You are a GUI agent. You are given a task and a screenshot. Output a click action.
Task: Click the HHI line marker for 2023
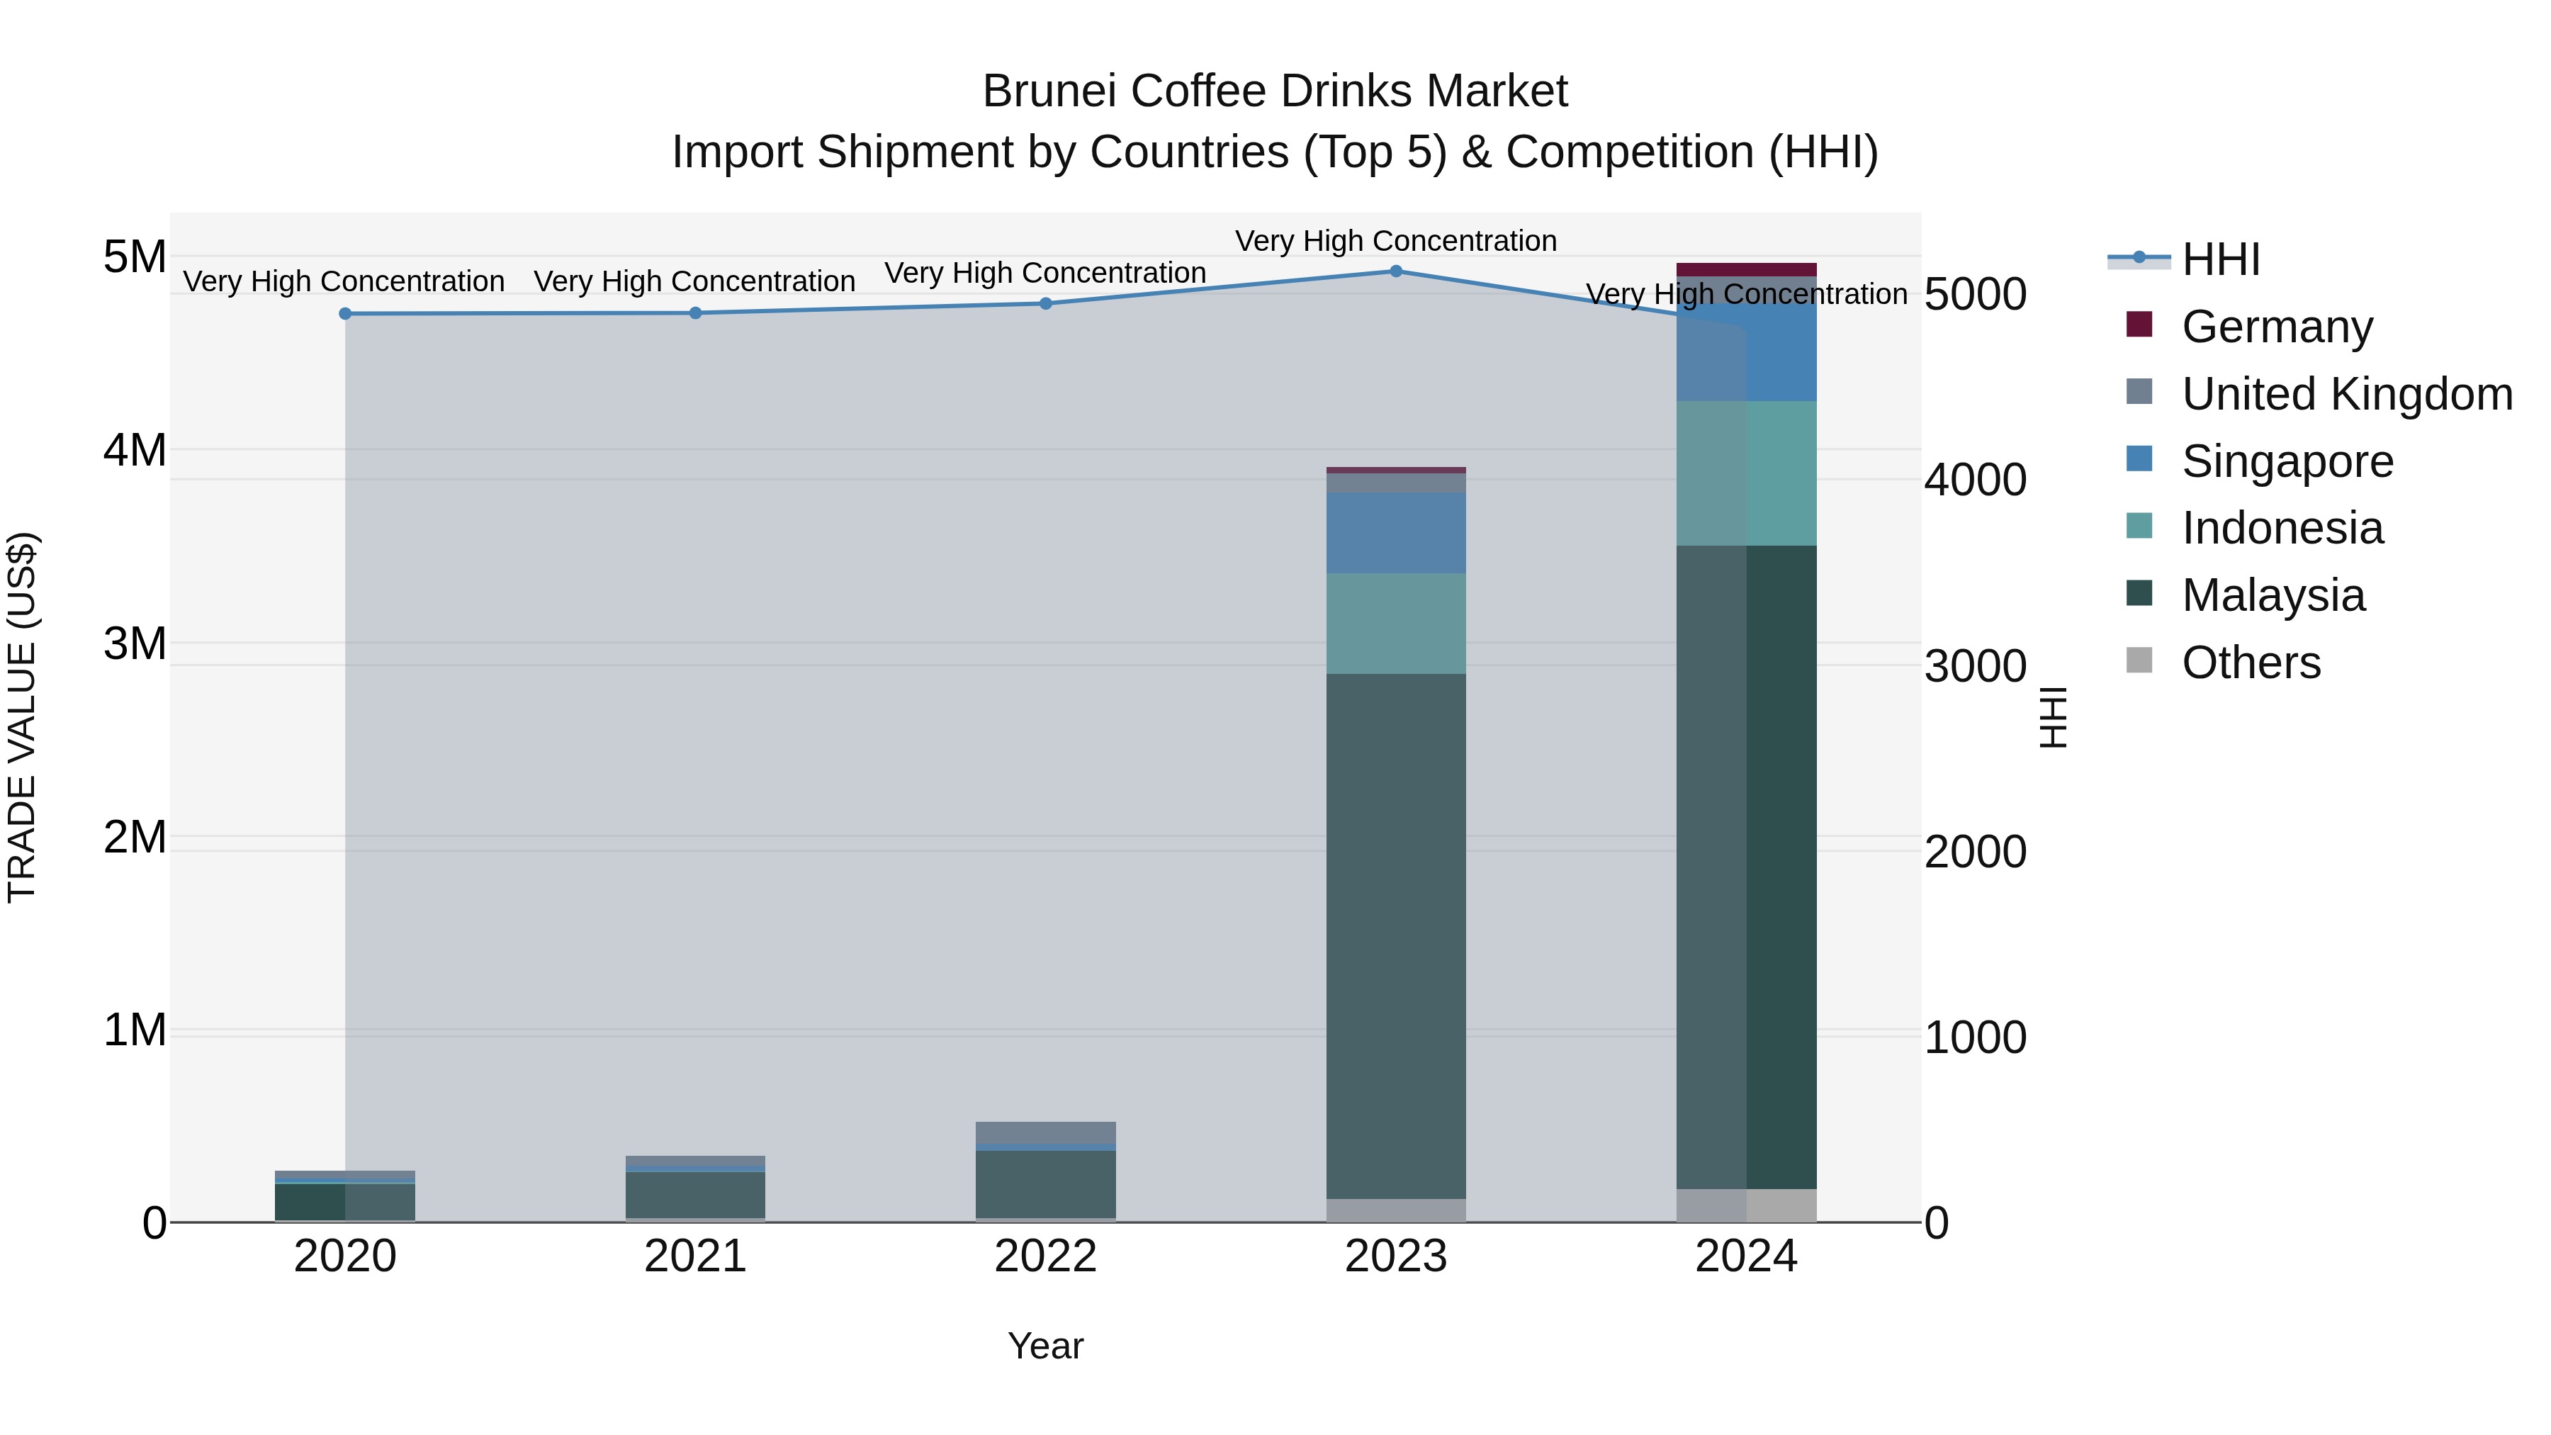click(x=1395, y=271)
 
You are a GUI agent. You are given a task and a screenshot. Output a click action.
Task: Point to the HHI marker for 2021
click(x=695, y=313)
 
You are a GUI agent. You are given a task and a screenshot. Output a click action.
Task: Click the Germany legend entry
click(x=2275, y=327)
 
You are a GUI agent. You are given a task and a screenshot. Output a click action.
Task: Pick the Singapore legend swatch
click(x=2139, y=459)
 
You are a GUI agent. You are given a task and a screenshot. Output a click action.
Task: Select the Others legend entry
click(x=2250, y=663)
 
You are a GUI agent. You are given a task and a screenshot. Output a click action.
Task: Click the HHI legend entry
click(x=2220, y=259)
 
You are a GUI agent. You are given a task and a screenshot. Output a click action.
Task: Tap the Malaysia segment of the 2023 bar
click(x=1395, y=936)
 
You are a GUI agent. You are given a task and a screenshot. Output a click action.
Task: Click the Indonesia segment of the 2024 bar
click(x=1747, y=473)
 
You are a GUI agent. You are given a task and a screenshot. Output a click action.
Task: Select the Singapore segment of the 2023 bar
click(x=1395, y=533)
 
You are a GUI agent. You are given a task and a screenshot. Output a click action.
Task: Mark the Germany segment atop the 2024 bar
click(x=1747, y=269)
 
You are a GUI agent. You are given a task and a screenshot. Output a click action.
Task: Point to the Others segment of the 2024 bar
click(x=1747, y=1205)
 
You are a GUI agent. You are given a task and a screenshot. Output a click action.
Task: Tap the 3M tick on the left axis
click(x=135, y=643)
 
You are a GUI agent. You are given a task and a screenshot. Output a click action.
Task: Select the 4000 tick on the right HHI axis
click(x=1975, y=480)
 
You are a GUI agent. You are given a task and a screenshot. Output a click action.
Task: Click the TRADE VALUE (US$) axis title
click(x=22, y=717)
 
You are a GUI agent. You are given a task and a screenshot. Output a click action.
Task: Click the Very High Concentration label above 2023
click(x=1395, y=241)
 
